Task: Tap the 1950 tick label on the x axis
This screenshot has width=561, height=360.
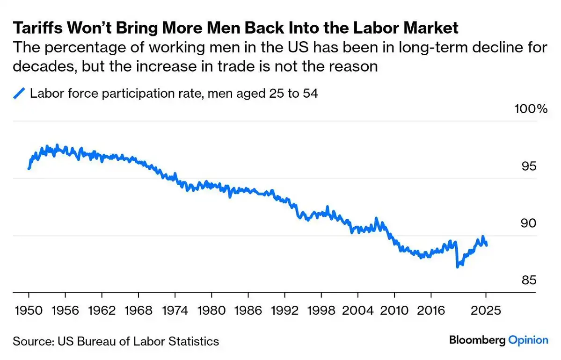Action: pos(29,310)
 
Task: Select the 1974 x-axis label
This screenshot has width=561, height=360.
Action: pos(175,310)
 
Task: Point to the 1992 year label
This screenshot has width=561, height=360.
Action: pos(284,310)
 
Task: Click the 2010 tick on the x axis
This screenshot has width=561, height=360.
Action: pos(394,310)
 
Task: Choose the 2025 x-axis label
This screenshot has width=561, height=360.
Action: pos(486,310)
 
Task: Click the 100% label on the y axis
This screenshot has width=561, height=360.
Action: pos(531,109)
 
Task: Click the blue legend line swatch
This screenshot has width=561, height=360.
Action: pos(19,94)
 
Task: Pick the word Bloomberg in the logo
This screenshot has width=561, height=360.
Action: pos(477,340)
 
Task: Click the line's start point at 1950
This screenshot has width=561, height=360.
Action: pos(29,169)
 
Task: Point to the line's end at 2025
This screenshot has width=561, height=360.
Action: pos(487,245)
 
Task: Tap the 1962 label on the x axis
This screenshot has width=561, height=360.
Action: pos(102,310)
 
